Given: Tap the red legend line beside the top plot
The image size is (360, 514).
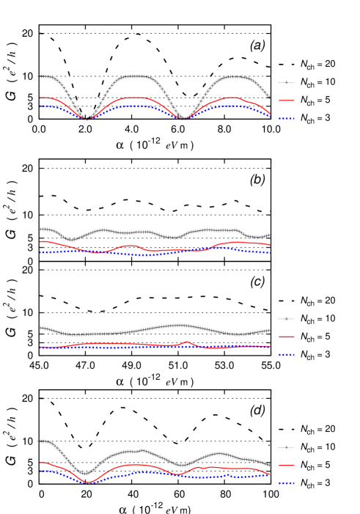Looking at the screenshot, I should (x=286, y=100).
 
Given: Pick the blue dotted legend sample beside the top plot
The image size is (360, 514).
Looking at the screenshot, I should (x=286, y=118).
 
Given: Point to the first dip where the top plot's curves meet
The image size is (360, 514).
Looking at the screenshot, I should (x=87, y=118).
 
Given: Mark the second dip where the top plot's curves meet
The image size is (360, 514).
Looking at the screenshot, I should (x=182, y=118).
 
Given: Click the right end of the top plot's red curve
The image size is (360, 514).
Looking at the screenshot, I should (x=269, y=113).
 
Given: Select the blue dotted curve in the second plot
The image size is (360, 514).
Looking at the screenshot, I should (x=139, y=254).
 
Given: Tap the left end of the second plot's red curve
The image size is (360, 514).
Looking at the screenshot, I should (x=41, y=241).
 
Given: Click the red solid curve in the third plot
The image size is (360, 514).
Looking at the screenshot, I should (x=110, y=343).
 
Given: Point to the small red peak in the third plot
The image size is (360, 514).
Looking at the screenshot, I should (x=187, y=342).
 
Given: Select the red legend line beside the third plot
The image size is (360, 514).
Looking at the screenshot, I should (x=286, y=337).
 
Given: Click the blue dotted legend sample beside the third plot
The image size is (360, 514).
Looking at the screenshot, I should (x=286, y=355).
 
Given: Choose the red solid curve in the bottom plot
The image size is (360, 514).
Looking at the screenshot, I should (x=136, y=465).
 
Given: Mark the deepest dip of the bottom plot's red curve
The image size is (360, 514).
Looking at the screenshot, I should (x=88, y=482).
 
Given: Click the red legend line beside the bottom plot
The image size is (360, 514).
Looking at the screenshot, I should (x=286, y=465).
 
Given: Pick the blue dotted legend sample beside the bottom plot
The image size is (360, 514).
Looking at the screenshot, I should (x=286, y=483).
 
